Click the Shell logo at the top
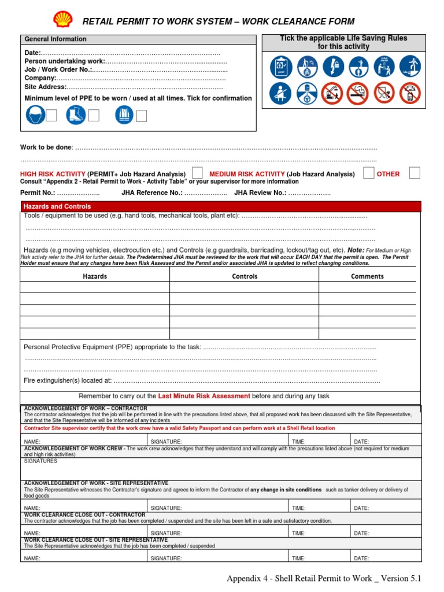[x=63, y=20]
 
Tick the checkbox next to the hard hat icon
[x=51, y=116]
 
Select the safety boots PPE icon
[x=75, y=116]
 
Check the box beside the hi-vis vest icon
[x=141, y=116]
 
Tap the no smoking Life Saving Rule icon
[x=357, y=93]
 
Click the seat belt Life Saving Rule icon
[x=280, y=93]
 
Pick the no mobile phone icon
[x=410, y=93]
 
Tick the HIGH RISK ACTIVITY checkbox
[x=197, y=173]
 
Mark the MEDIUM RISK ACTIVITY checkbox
[x=368, y=173]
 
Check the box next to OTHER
[x=414, y=173]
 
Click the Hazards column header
[x=95, y=276]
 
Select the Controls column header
[x=245, y=276]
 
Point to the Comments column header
[x=367, y=276]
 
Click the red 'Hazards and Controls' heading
[x=57, y=206]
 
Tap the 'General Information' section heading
[x=55, y=39]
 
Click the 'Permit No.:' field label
[x=38, y=193]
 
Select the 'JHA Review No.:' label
[x=260, y=193]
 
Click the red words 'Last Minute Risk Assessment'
[x=204, y=396]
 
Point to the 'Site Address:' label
[x=45, y=87]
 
